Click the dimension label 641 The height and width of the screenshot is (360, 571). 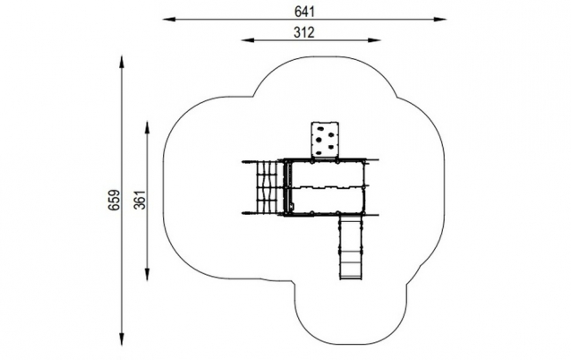(x=304, y=12)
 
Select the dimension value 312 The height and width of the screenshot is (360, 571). (x=304, y=32)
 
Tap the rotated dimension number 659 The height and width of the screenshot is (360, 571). (x=114, y=200)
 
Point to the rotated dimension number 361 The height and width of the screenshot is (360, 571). (x=141, y=200)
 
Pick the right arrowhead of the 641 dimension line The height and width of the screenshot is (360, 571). (x=439, y=20)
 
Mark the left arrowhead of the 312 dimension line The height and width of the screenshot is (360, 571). (x=248, y=40)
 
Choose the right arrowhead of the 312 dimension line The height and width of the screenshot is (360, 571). (x=374, y=40)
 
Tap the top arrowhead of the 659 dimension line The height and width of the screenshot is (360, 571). (x=122, y=62)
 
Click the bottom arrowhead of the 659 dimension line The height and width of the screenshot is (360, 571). (x=122, y=339)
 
